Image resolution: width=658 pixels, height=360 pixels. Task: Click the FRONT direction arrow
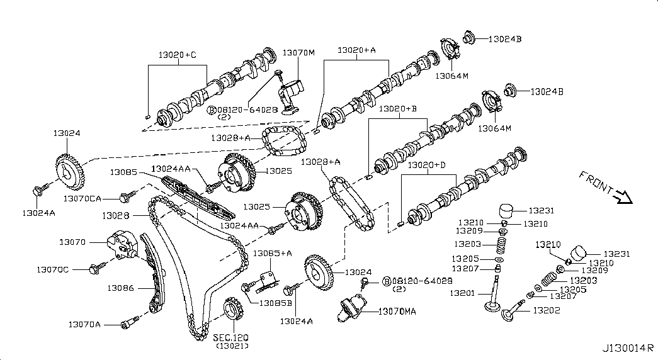tap(623, 196)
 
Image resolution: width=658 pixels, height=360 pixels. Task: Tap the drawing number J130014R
tap(628, 349)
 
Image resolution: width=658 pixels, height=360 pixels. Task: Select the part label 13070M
tap(298, 52)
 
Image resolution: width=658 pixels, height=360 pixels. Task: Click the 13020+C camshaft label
tap(177, 55)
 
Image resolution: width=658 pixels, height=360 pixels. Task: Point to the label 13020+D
tap(427, 165)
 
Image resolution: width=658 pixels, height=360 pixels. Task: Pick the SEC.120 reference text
tap(231, 337)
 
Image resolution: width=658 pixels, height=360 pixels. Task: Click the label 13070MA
tap(397, 312)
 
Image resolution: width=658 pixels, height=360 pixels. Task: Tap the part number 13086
tap(120, 288)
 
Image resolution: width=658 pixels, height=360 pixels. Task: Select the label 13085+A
tap(273, 254)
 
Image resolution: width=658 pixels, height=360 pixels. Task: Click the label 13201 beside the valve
tap(462, 293)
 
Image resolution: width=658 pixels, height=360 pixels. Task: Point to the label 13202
tap(547, 310)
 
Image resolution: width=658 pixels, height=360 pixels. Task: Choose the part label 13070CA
tap(82, 198)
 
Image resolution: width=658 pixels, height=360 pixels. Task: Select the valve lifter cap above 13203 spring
tap(507, 210)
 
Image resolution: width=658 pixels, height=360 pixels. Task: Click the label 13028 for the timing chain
tap(115, 216)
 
